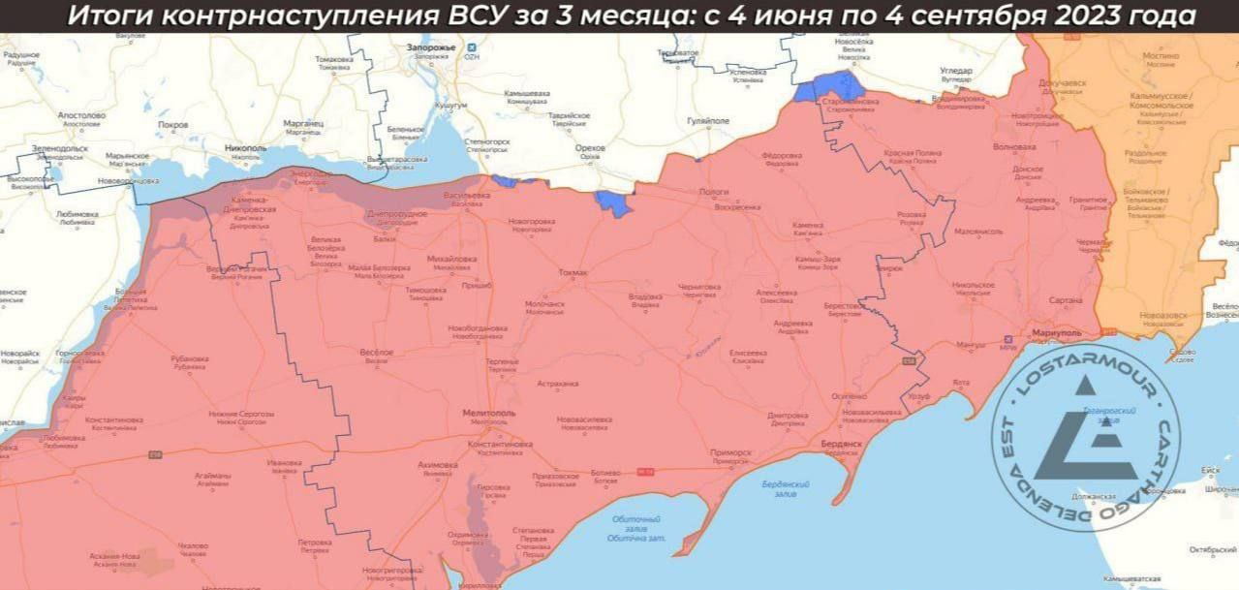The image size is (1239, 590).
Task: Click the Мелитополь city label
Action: (490, 413)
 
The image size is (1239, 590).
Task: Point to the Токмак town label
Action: (573, 273)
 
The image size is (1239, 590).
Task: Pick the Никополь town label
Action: (245, 148)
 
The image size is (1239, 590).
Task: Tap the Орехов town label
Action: (589, 148)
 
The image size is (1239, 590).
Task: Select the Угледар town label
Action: (955, 71)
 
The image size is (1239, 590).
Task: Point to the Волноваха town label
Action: (1014, 147)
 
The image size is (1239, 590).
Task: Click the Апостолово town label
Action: (81, 115)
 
